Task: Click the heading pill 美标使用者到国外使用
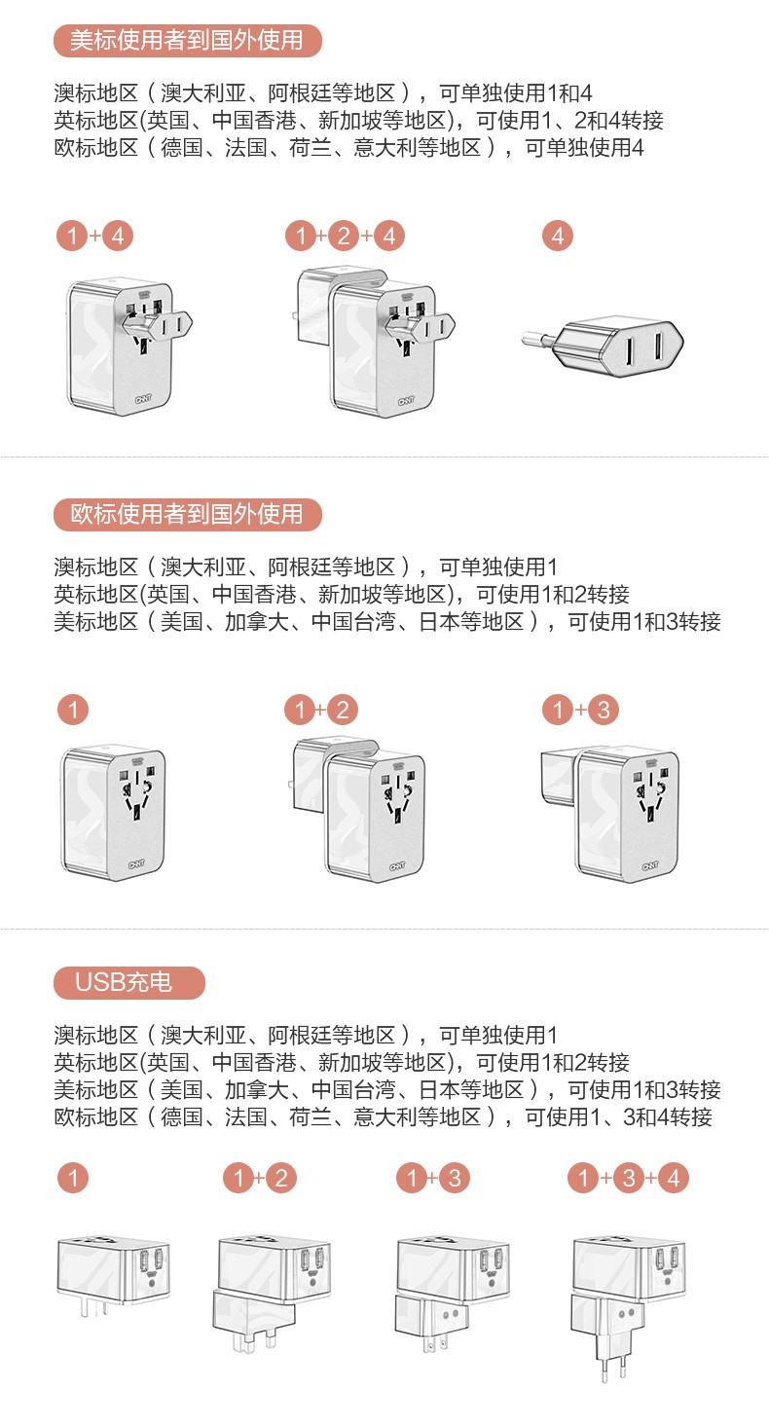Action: pyautogui.click(x=187, y=41)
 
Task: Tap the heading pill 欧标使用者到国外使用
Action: pyautogui.click(x=187, y=514)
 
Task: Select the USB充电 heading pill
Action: pyautogui.click(x=129, y=982)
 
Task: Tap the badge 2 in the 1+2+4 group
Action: pyautogui.click(x=344, y=236)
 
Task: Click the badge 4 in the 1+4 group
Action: pyautogui.click(x=118, y=236)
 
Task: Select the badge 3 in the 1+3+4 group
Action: pyautogui.click(x=628, y=1178)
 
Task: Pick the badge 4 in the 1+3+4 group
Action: pyautogui.click(x=674, y=1178)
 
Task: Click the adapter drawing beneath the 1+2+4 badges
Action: pyautogui.click(x=376, y=343)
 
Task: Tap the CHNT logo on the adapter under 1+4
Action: pyautogui.click(x=143, y=399)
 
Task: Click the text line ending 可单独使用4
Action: pyautogui.click(x=348, y=148)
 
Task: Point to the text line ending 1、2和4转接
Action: pyautogui.click(x=358, y=121)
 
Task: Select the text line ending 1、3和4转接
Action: pyautogui.click(x=383, y=1116)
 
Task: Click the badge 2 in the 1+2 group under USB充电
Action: pyautogui.click(x=281, y=1178)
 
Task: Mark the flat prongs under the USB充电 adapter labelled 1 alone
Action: pyautogui.click(x=94, y=1307)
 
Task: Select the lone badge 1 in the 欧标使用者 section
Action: pyautogui.click(x=73, y=710)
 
